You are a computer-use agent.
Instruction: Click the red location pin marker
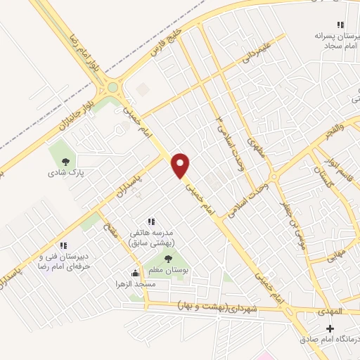pyautogui.click(x=181, y=165)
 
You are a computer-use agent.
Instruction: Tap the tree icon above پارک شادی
pyautogui.click(x=65, y=162)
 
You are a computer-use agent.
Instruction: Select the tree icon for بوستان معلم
pyautogui.click(x=167, y=259)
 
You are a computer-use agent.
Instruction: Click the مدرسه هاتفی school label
pyautogui.click(x=154, y=236)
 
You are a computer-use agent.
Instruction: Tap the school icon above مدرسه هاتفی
pyautogui.click(x=150, y=221)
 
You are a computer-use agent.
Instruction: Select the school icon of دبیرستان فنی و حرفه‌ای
pyautogui.click(x=63, y=245)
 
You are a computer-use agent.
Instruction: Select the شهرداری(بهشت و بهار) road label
pyautogui.click(x=224, y=307)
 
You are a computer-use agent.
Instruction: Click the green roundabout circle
pyautogui.click(x=112, y=89)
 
